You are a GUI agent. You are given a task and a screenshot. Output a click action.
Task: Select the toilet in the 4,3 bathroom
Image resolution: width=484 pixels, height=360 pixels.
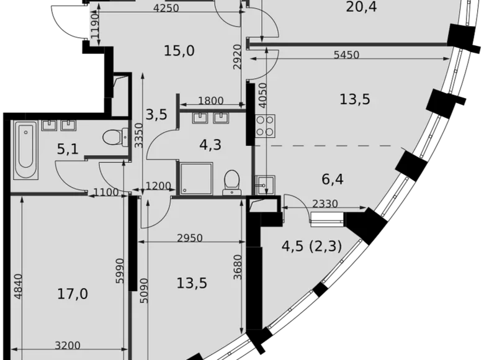[x=231, y=181]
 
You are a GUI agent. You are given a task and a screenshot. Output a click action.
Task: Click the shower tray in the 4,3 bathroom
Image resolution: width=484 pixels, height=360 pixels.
[x=195, y=179]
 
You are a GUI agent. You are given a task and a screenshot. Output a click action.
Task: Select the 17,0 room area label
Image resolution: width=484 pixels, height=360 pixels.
[x=71, y=294]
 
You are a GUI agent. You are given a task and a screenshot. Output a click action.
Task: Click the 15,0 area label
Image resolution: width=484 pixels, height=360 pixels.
[x=179, y=50]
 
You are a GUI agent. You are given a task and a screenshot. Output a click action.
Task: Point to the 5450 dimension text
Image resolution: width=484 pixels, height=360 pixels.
[x=346, y=55]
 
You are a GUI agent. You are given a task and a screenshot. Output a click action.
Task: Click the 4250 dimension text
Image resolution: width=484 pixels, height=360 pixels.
[x=166, y=8]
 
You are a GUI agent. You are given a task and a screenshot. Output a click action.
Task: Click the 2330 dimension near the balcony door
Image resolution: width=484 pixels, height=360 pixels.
[x=325, y=203]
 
